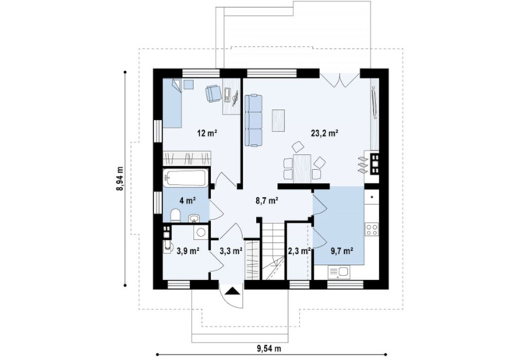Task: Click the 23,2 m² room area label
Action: [x=325, y=132]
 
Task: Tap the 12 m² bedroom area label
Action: [x=207, y=132]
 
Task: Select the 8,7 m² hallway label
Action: [x=267, y=201]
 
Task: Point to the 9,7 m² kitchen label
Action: [x=341, y=250]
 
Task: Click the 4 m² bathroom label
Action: [x=188, y=201]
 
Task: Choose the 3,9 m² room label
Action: [x=188, y=250]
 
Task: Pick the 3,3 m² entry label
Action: [x=231, y=250]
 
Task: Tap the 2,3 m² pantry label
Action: [x=299, y=250]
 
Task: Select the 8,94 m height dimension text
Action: [x=120, y=178]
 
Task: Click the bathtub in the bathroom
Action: [x=185, y=178]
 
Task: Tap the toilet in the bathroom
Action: [x=175, y=215]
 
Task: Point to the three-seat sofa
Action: [x=254, y=120]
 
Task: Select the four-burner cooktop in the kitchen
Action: [x=371, y=229]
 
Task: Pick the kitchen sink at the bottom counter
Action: [x=339, y=272]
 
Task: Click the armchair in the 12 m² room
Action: [x=213, y=93]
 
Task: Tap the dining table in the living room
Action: [x=302, y=168]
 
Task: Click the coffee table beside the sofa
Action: [x=278, y=120]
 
